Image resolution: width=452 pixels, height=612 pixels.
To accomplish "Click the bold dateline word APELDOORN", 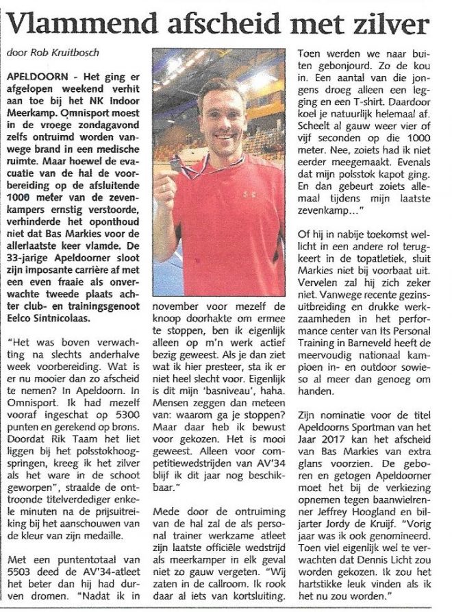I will [34, 73].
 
